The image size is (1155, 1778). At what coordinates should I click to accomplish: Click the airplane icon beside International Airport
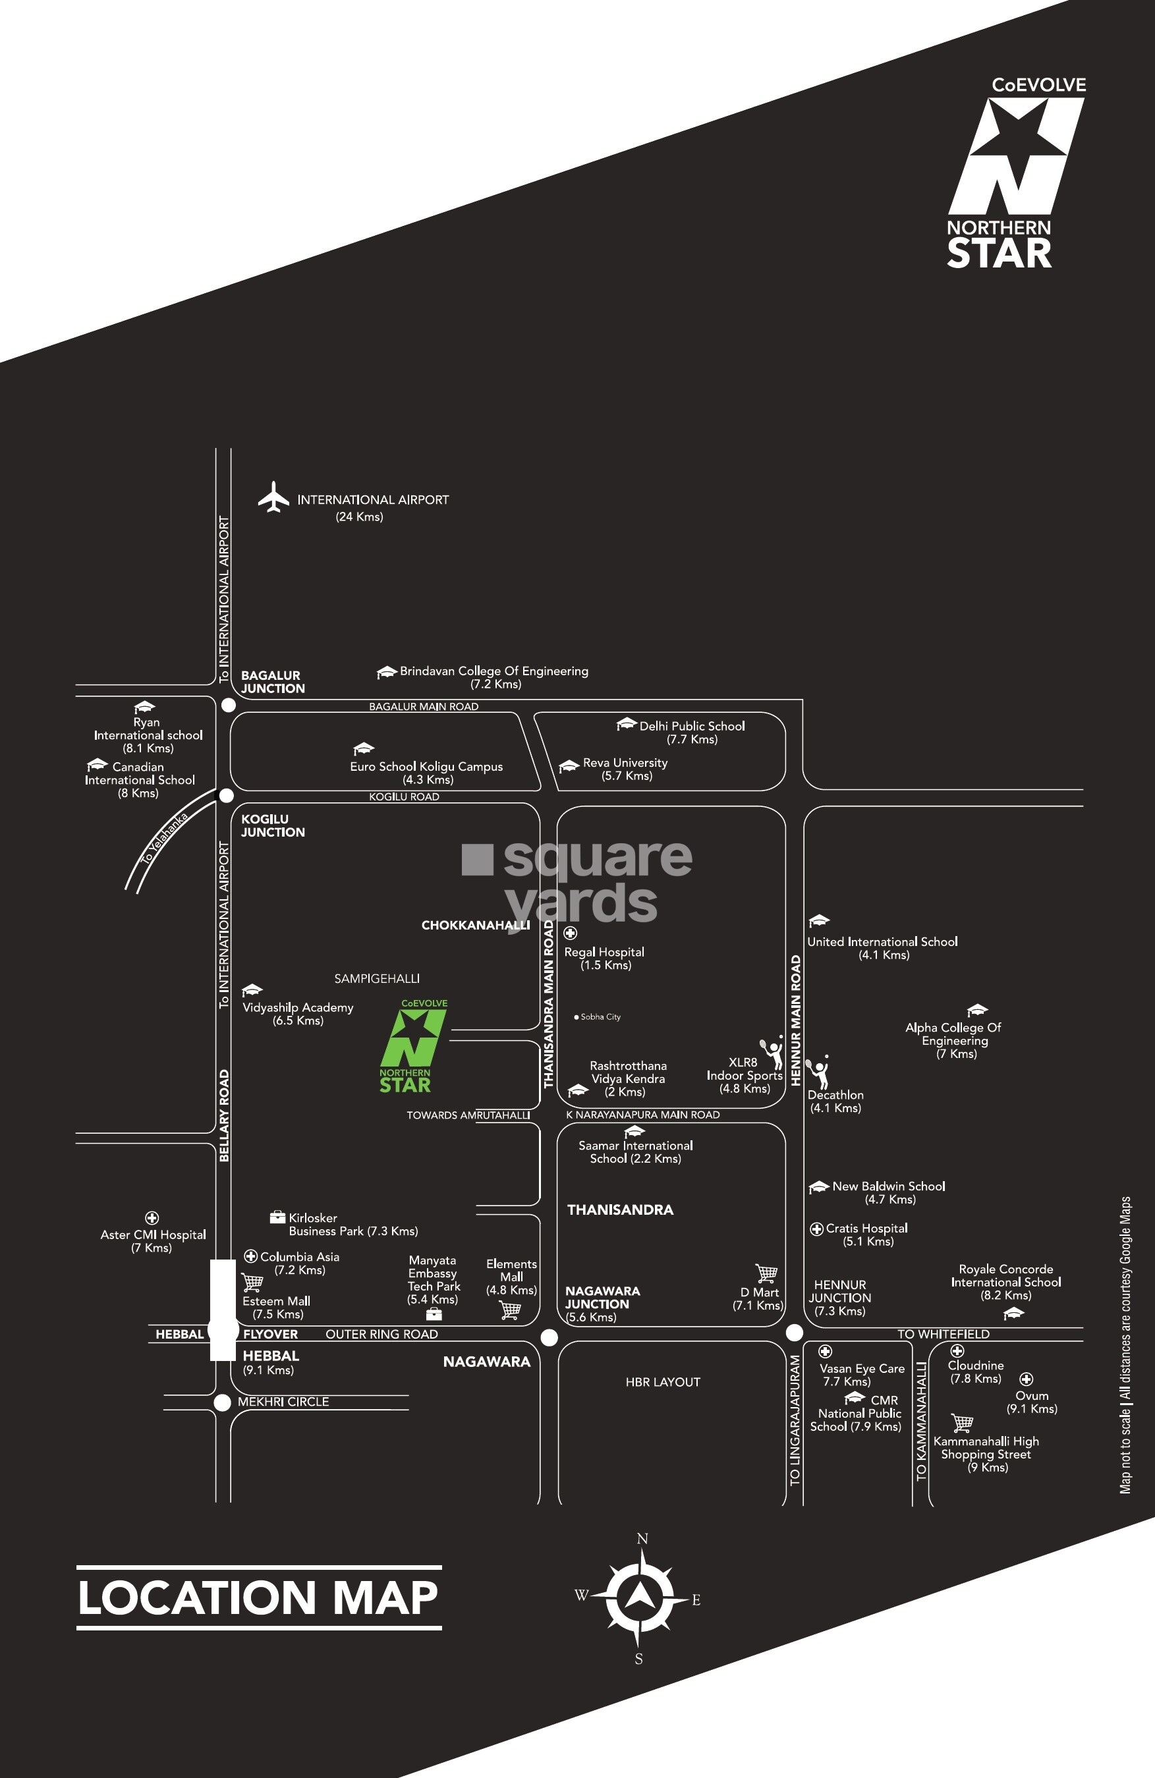tap(273, 497)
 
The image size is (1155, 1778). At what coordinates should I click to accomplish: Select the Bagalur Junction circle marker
tap(229, 704)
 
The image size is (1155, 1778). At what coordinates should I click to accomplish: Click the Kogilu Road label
tap(403, 796)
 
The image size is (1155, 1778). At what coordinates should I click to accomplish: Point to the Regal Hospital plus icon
tap(570, 932)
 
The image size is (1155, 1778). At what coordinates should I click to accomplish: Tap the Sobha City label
tap(599, 1016)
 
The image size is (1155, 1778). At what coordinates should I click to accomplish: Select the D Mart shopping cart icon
tap(766, 1273)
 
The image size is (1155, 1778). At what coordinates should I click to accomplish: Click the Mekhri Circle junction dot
tap(222, 1403)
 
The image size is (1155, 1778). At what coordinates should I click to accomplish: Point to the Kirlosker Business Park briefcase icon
tap(278, 1217)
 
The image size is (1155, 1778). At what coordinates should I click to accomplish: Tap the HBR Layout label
tap(663, 1382)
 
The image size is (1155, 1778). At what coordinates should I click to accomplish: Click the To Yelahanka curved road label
tap(163, 838)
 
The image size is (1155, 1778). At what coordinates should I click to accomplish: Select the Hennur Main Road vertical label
tap(796, 1020)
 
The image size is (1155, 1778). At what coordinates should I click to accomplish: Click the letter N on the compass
tap(642, 1539)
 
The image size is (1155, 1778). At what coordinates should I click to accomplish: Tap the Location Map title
tap(258, 1597)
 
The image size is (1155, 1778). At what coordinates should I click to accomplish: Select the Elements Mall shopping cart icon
tap(510, 1310)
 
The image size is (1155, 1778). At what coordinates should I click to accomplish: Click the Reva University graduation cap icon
tap(569, 765)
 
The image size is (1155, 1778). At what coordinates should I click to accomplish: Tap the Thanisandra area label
tap(620, 1209)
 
